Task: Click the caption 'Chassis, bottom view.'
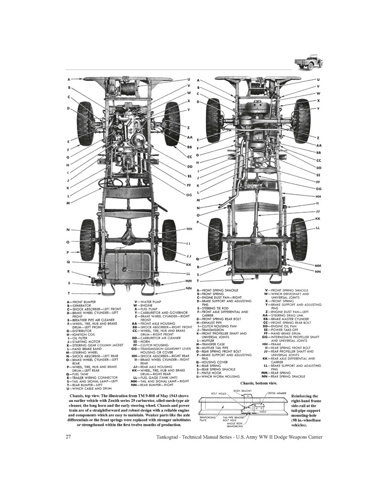260,384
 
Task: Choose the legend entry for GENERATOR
79,305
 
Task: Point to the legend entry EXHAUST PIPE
217,322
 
